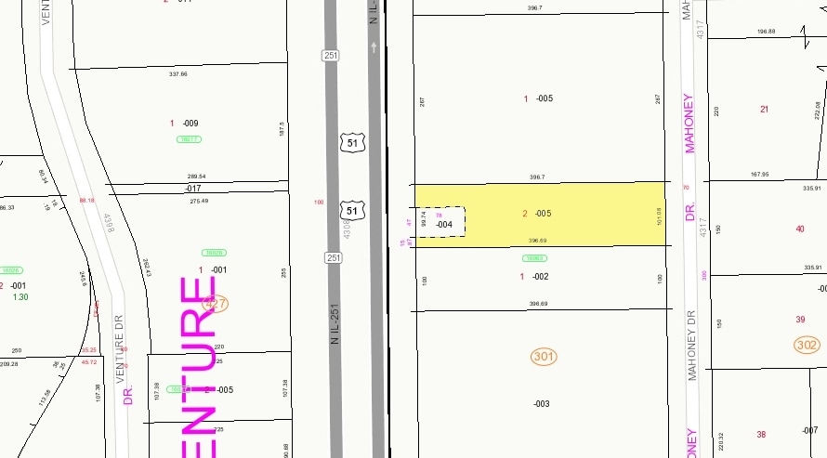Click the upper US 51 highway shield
[x=351, y=142]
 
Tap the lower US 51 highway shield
[x=351, y=211]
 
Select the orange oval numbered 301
[x=544, y=356]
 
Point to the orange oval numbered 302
[x=807, y=345]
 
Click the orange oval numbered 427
[x=216, y=303]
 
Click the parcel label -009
[x=190, y=123]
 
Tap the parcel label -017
[x=193, y=189]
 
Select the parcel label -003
[x=541, y=403]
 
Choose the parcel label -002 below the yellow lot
[x=541, y=276]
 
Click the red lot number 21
[x=765, y=109]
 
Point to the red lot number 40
[x=800, y=229]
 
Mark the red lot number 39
[x=800, y=319]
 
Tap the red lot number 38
[x=761, y=434]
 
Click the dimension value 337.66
[x=177, y=73]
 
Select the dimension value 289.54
[x=196, y=176]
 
